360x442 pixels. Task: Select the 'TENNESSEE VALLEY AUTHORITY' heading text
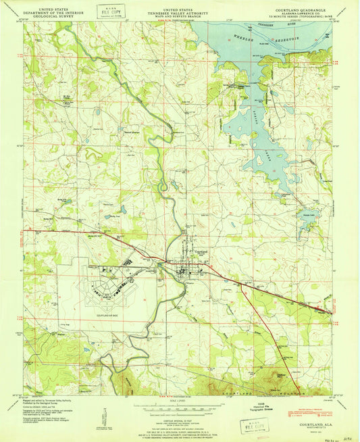[180, 9]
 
